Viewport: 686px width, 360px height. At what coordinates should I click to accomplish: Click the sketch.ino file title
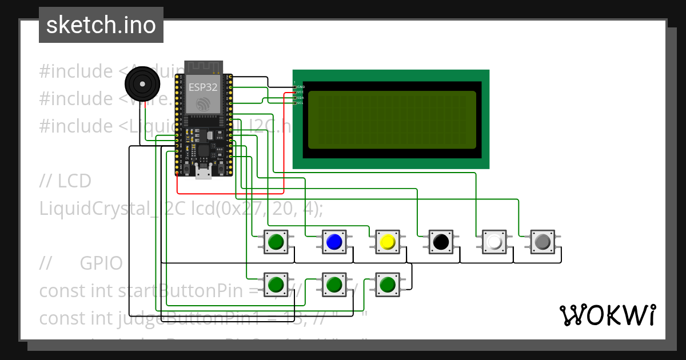101,25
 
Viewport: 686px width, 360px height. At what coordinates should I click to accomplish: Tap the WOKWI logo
607,315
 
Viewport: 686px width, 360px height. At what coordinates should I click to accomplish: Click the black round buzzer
142,83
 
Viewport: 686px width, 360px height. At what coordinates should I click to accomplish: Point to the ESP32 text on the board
203,87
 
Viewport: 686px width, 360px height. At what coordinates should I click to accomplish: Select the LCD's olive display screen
392,119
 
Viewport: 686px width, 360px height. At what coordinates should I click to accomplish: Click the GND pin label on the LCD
301,87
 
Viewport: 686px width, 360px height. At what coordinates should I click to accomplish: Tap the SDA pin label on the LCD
301,98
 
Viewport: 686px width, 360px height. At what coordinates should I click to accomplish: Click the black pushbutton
441,242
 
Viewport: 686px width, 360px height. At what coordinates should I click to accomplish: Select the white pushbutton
494,242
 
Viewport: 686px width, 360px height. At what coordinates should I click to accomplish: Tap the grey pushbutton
542,242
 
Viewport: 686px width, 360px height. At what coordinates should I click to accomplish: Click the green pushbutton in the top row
276,242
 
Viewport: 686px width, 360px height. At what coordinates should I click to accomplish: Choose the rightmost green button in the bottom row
388,284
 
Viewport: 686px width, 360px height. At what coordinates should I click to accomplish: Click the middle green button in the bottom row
334,284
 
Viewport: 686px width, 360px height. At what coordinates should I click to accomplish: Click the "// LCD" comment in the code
65,181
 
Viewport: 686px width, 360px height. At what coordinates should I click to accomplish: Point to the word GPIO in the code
101,263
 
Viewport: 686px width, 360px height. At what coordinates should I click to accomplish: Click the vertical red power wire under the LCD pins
284,143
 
